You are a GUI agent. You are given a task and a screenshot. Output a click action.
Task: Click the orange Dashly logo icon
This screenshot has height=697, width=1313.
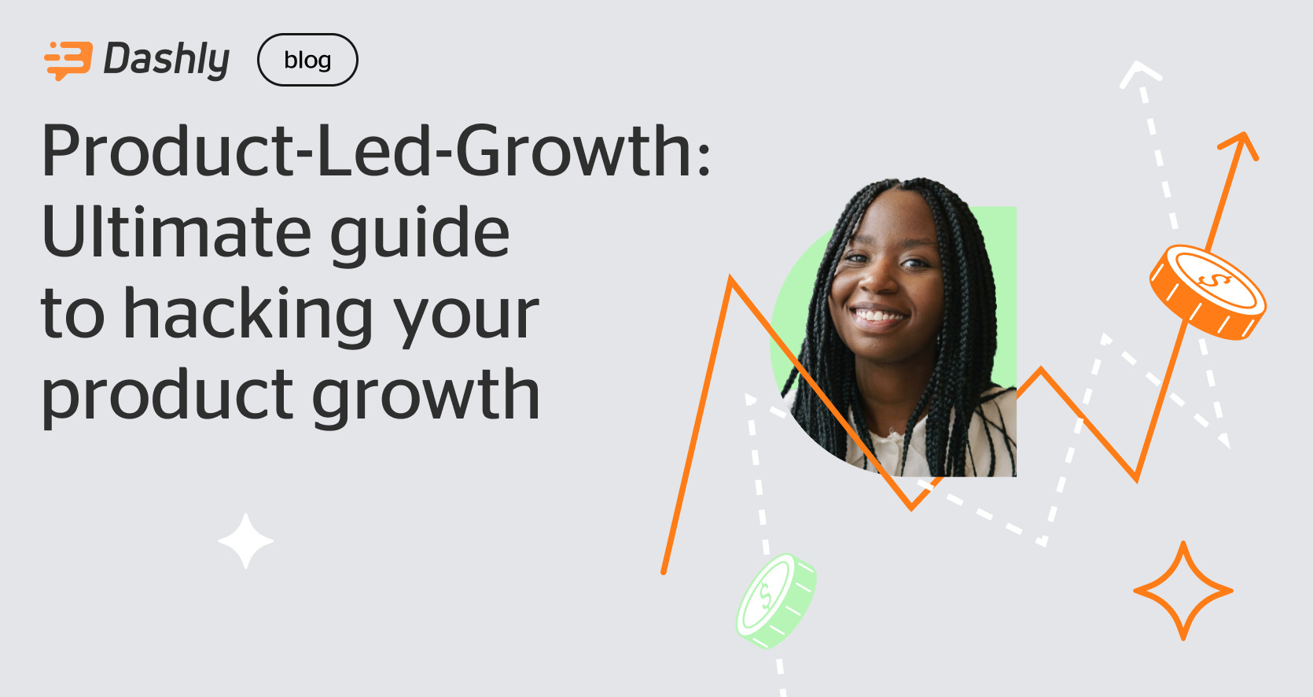click(68, 61)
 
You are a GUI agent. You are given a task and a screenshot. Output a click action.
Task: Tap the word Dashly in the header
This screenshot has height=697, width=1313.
click(167, 60)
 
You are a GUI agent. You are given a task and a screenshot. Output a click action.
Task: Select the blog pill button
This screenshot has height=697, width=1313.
click(307, 60)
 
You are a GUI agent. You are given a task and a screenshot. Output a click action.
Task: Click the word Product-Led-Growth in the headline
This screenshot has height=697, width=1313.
click(366, 151)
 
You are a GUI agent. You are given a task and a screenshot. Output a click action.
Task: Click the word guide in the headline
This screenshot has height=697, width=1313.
click(419, 234)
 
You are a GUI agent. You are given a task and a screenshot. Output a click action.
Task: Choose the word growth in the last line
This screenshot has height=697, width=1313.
click(425, 396)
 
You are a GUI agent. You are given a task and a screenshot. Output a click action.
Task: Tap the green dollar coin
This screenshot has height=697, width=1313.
click(776, 599)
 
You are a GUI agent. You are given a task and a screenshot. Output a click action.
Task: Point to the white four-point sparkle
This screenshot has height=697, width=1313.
click(246, 540)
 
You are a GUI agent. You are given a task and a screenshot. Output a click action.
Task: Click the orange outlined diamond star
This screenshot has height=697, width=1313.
click(1182, 591)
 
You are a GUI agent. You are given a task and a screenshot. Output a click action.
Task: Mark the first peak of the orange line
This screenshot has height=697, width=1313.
click(731, 279)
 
